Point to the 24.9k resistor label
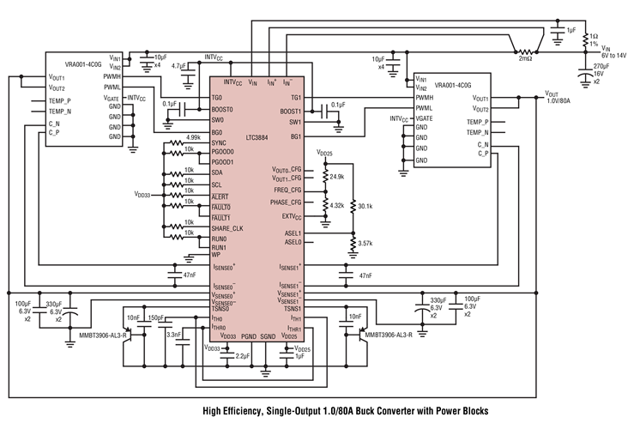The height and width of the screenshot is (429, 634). point(337,177)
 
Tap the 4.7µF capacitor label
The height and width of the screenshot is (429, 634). point(179,65)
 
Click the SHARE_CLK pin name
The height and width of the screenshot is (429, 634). point(229,228)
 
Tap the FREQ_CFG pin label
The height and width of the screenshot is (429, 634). point(287,189)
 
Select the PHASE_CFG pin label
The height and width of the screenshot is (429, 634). point(285,202)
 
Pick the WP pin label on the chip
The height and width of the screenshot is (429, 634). point(217,254)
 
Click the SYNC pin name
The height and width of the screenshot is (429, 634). point(220,142)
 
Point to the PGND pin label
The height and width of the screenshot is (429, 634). point(249,337)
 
